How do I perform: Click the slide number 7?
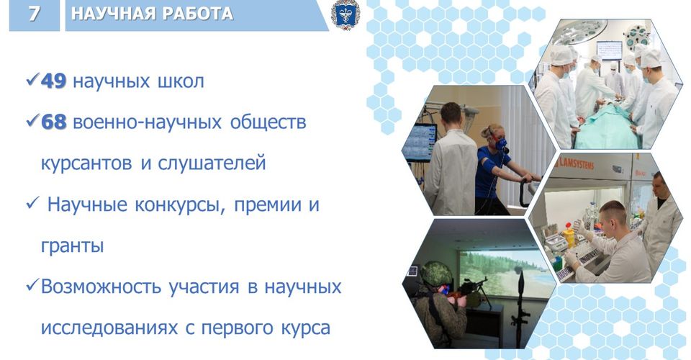[x=34, y=13]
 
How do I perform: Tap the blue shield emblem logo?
[x=345, y=14]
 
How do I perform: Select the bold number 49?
[x=53, y=81]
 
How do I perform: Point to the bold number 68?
[x=53, y=122]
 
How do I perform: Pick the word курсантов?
[x=86, y=163]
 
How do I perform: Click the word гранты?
[x=72, y=246]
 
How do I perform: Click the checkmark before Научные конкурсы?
[x=32, y=204]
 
